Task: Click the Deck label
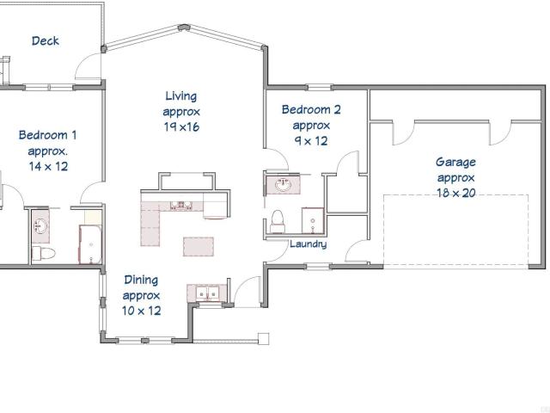46,40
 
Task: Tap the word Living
181,96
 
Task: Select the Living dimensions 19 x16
181,126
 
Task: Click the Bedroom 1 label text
47,135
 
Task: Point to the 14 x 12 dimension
48,166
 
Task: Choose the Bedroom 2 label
311,109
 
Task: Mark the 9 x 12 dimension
311,141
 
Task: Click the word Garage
455,163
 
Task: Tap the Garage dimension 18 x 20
456,193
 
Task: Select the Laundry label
308,244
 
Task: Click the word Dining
141,280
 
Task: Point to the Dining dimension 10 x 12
141,311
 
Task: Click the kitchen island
199,247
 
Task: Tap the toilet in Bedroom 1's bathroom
43,254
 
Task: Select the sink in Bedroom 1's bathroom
40,225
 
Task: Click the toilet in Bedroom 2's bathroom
278,222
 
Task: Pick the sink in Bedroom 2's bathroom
283,184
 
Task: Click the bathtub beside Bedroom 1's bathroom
90,244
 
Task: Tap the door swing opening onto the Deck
88,67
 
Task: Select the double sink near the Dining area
207,293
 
